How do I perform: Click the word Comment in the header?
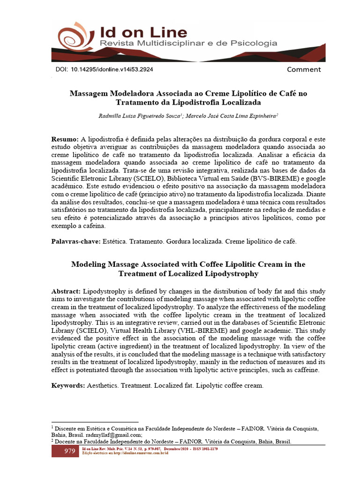tap(304, 70)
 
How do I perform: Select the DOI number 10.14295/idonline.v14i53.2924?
tap(112, 69)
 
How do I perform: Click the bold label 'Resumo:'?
tap(65, 140)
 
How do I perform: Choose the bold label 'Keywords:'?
tap(68, 385)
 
